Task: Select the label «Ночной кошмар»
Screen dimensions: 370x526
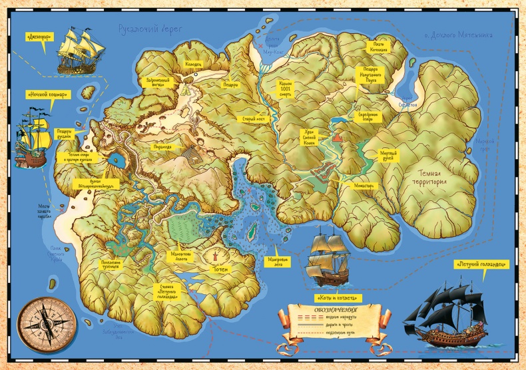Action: click(45, 94)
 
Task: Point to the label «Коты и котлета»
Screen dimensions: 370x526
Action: click(336, 297)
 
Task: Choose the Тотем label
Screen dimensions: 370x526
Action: click(221, 270)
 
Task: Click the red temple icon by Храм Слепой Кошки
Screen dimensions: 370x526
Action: click(337, 138)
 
